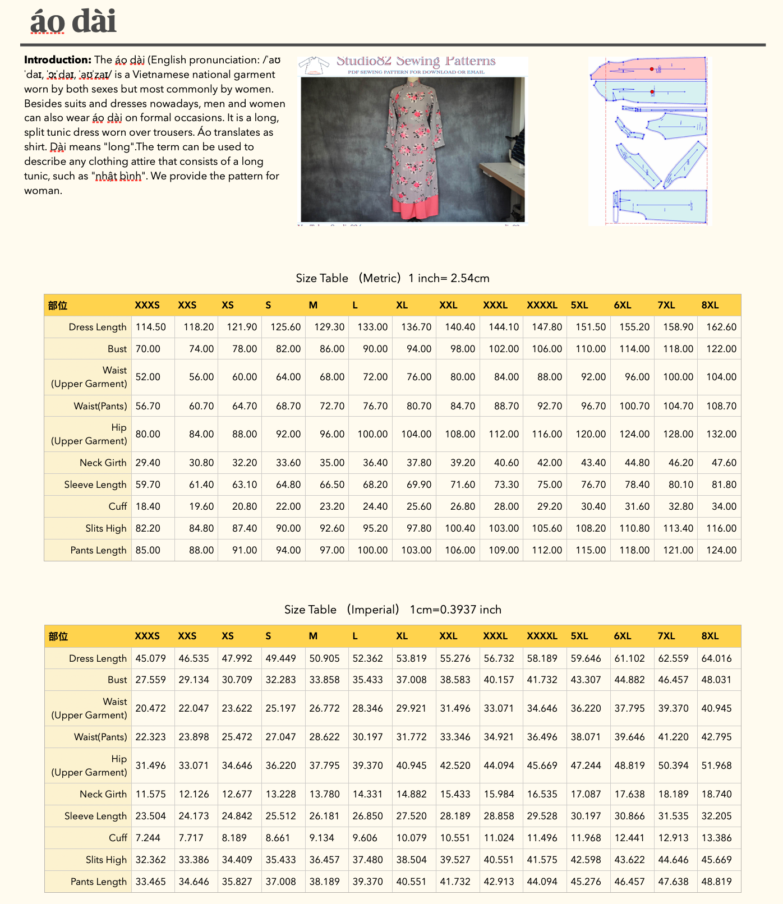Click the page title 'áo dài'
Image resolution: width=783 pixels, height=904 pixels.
(73, 21)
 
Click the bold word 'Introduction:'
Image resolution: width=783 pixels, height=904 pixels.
(57, 60)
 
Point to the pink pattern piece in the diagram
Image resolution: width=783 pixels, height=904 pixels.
(648, 68)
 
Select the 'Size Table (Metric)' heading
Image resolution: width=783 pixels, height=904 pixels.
(392, 278)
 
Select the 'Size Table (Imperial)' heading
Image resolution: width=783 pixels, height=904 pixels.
(392, 610)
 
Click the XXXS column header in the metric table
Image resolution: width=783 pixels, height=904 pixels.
(147, 305)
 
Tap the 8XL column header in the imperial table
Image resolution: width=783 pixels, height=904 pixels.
(710, 636)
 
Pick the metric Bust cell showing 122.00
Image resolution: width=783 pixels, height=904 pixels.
(721, 349)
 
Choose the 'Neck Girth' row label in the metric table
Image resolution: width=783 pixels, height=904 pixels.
(103, 463)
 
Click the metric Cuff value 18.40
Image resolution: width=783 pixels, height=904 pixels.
(148, 506)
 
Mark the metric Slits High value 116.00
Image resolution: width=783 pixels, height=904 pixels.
(721, 528)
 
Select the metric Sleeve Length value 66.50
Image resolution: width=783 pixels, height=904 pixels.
(331, 485)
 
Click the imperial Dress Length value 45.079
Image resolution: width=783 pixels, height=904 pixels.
(150, 658)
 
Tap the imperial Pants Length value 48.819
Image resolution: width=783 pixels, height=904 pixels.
(716, 882)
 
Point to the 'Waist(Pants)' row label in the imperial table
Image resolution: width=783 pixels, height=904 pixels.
(100, 737)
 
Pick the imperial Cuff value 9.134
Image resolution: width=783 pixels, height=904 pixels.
(322, 838)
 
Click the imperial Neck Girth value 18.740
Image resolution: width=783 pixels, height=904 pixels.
(716, 794)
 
